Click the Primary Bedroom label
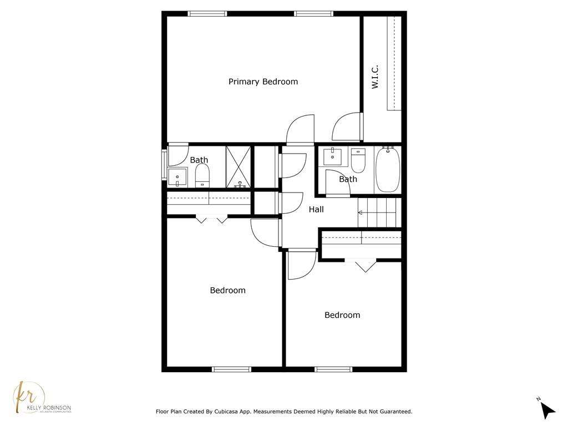click(263, 82)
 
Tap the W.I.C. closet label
click(375, 77)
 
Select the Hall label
click(316, 209)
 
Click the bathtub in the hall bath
click(388, 169)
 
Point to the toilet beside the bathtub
click(358, 160)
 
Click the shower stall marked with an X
click(239, 167)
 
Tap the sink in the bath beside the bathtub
click(333, 156)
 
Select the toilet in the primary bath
click(202, 175)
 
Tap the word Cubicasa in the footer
click(226, 412)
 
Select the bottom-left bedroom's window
click(231, 369)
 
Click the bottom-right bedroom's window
click(333, 369)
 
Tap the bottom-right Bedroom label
click(342, 315)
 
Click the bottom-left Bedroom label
click(228, 290)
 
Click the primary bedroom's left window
click(207, 14)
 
